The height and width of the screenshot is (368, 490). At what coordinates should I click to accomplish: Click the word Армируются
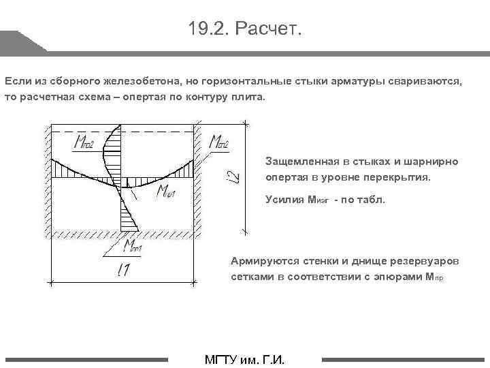262,261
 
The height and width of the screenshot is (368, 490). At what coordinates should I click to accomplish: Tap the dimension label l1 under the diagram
123,271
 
